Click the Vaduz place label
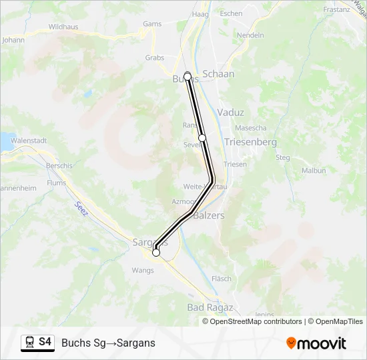click(230, 113)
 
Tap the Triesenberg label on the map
click(250, 142)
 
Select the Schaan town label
click(218, 74)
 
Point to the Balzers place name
click(208, 215)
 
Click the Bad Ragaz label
click(210, 307)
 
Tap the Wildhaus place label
click(64, 27)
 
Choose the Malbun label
click(314, 171)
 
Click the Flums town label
click(57, 183)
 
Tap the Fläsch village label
click(221, 279)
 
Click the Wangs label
click(143, 271)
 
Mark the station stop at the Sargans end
click(156, 253)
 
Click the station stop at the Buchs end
click(188, 76)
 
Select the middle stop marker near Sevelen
click(202, 137)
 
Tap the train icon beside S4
click(29, 343)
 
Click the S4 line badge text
click(45, 342)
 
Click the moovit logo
click(316, 343)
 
